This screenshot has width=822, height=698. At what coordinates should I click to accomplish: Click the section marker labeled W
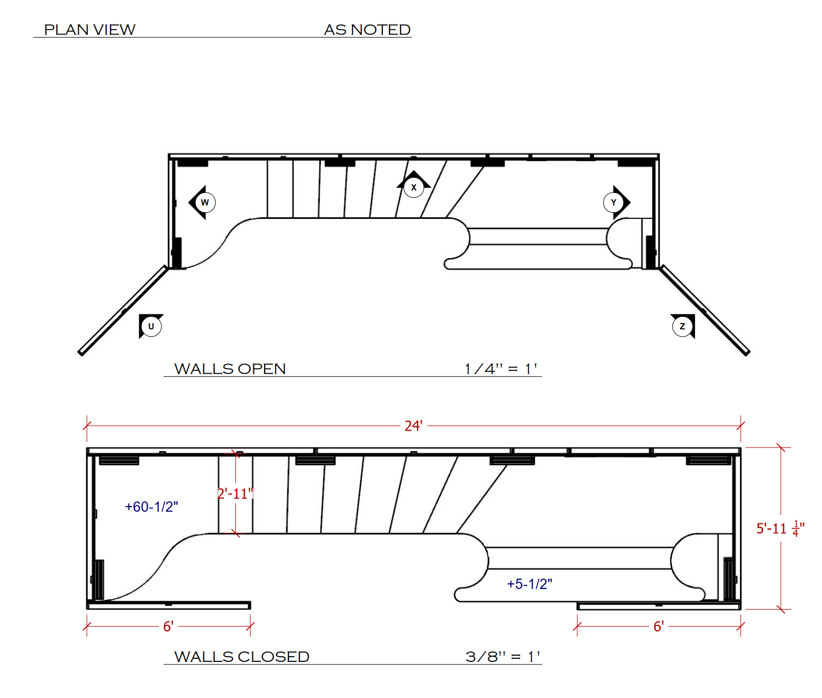(x=203, y=202)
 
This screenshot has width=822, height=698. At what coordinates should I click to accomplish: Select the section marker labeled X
(x=414, y=185)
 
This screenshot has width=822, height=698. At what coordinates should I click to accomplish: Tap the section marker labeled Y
(x=616, y=202)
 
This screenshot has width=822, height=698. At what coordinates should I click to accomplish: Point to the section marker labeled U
(x=151, y=326)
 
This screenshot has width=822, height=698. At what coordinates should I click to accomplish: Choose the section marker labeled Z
(x=683, y=326)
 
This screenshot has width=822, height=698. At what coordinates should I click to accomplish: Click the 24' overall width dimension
(x=413, y=426)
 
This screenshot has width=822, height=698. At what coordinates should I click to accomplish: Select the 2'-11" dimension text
(x=236, y=494)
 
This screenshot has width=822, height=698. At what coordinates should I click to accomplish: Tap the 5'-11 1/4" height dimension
(x=780, y=528)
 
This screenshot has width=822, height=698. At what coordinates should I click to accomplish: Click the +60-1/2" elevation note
(x=151, y=506)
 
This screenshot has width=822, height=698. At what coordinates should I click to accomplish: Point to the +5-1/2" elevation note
(x=529, y=584)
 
